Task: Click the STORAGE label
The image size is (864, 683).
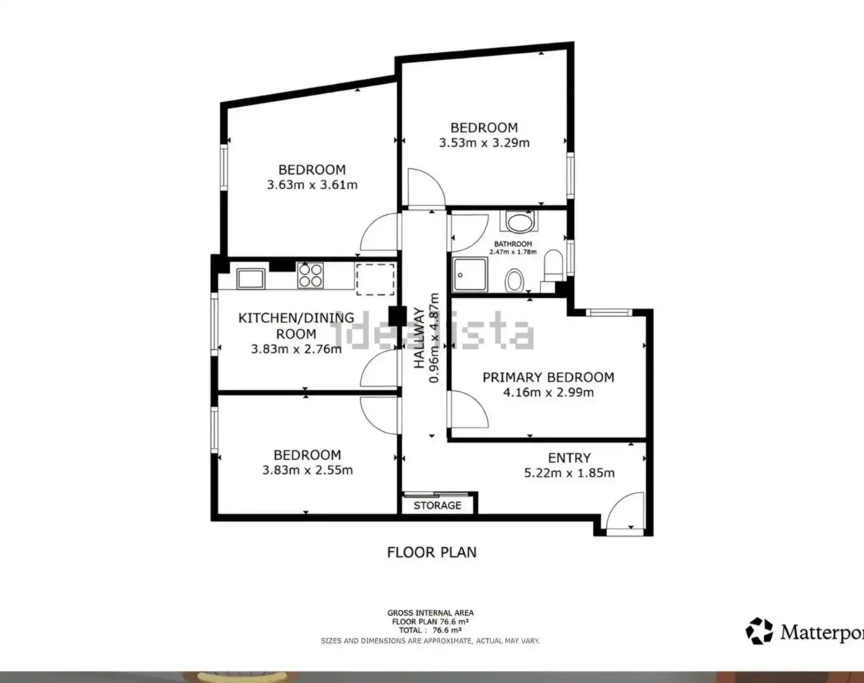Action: click(x=437, y=505)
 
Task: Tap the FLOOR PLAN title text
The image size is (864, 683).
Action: click(x=432, y=552)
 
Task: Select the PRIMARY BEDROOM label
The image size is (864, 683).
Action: click(x=548, y=377)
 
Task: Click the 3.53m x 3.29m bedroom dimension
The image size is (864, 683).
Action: click(x=484, y=143)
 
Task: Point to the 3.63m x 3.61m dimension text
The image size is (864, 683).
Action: click(x=312, y=185)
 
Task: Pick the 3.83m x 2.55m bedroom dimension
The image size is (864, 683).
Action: click(x=308, y=470)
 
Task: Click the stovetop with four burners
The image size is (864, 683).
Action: click(x=310, y=275)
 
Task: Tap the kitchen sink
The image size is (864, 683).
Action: click(x=251, y=278)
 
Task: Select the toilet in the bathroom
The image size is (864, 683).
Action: click(x=553, y=265)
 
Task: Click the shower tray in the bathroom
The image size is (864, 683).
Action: click(x=470, y=274)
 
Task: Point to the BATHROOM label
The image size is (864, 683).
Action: click(x=513, y=243)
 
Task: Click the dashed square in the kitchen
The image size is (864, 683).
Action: click(x=375, y=280)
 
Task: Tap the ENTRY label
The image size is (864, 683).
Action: click(x=569, y=458)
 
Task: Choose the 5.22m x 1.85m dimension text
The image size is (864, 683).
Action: click(x=569, y=473)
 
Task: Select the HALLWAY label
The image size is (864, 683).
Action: click(x=419, y=338)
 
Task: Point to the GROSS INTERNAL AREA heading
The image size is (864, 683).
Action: click(x=430, y=613)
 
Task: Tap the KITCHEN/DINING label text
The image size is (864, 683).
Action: click(x=296, y=318)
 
